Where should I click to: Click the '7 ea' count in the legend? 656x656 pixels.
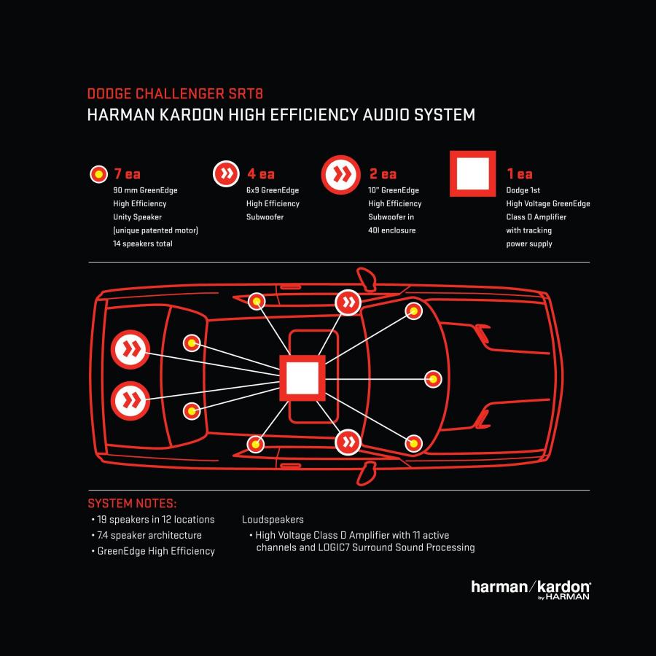coord(127,173)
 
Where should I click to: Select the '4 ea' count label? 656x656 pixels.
coord(261,173)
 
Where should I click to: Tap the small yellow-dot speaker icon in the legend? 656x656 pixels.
coord(98,173)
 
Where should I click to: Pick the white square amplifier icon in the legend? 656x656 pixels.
coord(473,173)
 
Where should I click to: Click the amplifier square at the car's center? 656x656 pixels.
coord(302,378)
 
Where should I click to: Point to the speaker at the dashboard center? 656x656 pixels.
coord(433,379)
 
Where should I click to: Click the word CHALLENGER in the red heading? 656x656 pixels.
coord(180,94)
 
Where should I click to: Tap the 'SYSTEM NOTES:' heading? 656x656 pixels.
coord(132,503)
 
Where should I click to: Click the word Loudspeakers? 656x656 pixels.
coord(273,520)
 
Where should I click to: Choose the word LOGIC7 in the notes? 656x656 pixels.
coord(333,547)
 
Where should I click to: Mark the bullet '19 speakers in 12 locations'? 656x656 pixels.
coord(153,520)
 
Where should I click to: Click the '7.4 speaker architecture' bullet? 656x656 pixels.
coord(147,535)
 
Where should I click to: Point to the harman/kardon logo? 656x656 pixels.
coord(531,590)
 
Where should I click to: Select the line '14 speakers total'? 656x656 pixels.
coord(143,243)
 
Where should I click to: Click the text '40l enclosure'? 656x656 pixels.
coord(392,230)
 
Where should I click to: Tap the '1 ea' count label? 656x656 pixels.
coord(520,173)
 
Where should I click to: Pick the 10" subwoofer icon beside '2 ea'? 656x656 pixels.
coord(341,174)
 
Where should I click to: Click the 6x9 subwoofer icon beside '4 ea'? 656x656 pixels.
coord(226,173)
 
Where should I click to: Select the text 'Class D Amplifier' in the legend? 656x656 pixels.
coord(536,216)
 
